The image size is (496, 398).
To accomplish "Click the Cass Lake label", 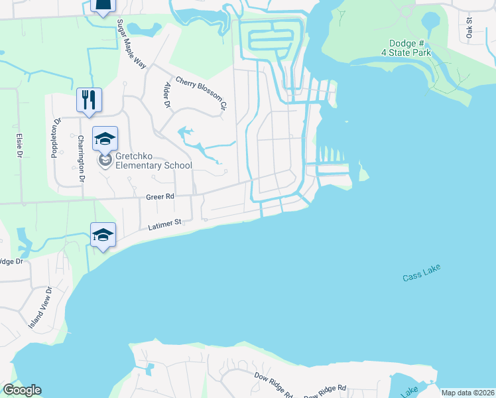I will click(x=421, y=273).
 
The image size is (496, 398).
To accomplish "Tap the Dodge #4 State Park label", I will click(x=410, y=48).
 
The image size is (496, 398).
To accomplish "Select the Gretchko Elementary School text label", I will click(x=153, y=161).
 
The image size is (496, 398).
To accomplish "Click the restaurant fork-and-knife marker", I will click(x=89, y=99).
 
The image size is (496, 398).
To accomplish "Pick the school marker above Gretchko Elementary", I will click(x=105, y=138).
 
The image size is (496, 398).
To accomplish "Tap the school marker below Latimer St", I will click(x=103, y=235).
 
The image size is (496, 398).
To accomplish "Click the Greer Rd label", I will click(x=160, y=197).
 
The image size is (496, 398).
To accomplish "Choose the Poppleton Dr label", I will click(x=56, y=138).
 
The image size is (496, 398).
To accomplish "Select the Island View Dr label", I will click(x=40, y=308).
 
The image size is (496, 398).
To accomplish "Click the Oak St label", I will click(x=468, y=27).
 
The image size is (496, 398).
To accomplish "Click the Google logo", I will click(x=22, y=390).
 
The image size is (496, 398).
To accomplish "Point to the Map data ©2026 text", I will click(x=467, y=393).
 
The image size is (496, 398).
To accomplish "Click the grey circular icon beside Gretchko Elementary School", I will click(x=105, y=160).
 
